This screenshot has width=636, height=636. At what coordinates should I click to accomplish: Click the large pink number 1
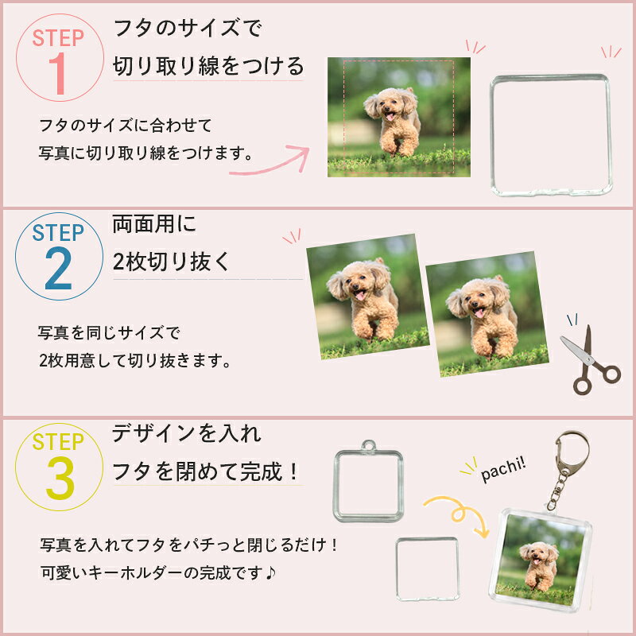tap(59, 73)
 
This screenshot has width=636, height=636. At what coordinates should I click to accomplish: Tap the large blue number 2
tap(58, 269)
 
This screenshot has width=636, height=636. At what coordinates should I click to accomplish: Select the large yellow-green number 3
tap(60, 479)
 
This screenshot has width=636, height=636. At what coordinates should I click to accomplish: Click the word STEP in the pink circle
tap(58, 38)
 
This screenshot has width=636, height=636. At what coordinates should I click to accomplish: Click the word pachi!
tap(503, 469)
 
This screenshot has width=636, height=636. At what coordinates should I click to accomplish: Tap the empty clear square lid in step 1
tap(551, 135)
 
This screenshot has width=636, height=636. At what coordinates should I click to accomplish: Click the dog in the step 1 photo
tap(393, 122)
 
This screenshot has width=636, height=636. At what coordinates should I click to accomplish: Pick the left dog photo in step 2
tap(367, 297)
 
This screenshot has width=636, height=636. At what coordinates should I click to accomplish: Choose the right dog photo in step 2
tap(487, 314)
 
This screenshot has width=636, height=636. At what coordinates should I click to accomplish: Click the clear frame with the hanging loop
tap(368, 481)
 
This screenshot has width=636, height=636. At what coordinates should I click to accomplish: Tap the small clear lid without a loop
tap(428, 569)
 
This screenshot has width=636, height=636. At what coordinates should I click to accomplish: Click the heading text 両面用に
tap(154, 224)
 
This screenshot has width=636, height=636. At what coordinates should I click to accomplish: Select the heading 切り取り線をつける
tap(208, 66)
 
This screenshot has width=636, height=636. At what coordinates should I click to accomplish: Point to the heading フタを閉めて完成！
tap(205, 471)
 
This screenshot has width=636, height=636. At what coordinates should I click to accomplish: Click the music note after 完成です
tap(271, 572)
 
